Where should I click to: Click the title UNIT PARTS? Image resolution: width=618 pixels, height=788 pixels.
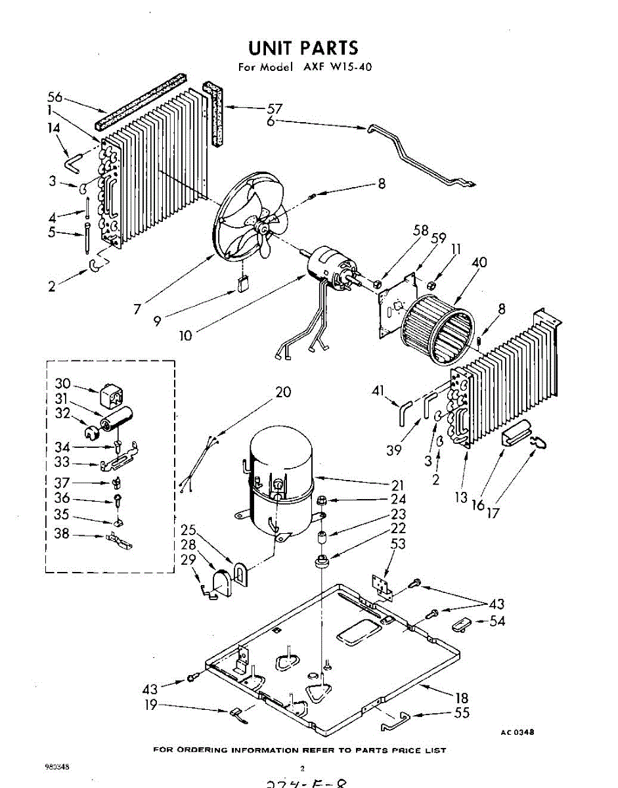click(x=303, y=47)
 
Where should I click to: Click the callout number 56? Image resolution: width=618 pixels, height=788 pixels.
click(x=55, y=97)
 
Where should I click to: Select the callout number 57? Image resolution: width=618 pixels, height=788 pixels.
click(x=274, y=108)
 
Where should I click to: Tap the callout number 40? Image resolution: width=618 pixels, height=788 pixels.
click(x=479, y=263)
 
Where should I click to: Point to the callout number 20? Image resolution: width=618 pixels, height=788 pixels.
click(x=283, y=393)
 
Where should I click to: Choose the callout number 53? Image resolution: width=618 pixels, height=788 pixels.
click(x=398, y=544)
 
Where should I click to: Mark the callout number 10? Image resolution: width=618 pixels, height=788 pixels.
click(x=186, y=336)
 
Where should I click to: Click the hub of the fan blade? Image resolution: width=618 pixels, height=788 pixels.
click(x=264, y=229)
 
